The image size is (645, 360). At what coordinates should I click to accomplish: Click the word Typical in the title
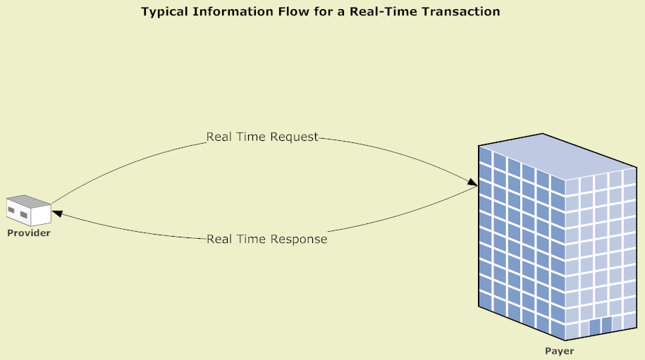click(164, 12)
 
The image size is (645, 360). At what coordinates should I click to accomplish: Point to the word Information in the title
click(225, 12)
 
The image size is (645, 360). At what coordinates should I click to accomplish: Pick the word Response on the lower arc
click(300, 240)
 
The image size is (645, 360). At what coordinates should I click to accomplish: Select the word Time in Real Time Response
click(252, 240)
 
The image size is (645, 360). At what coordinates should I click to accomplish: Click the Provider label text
click(29, 233)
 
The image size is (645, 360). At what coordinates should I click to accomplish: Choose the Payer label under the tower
click(560, 351)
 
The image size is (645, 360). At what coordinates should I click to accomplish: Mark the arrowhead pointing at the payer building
click(472, 184)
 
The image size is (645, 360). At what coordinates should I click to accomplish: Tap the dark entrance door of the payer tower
click(600, 325)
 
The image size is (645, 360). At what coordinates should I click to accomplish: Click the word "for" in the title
click(309, 12)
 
